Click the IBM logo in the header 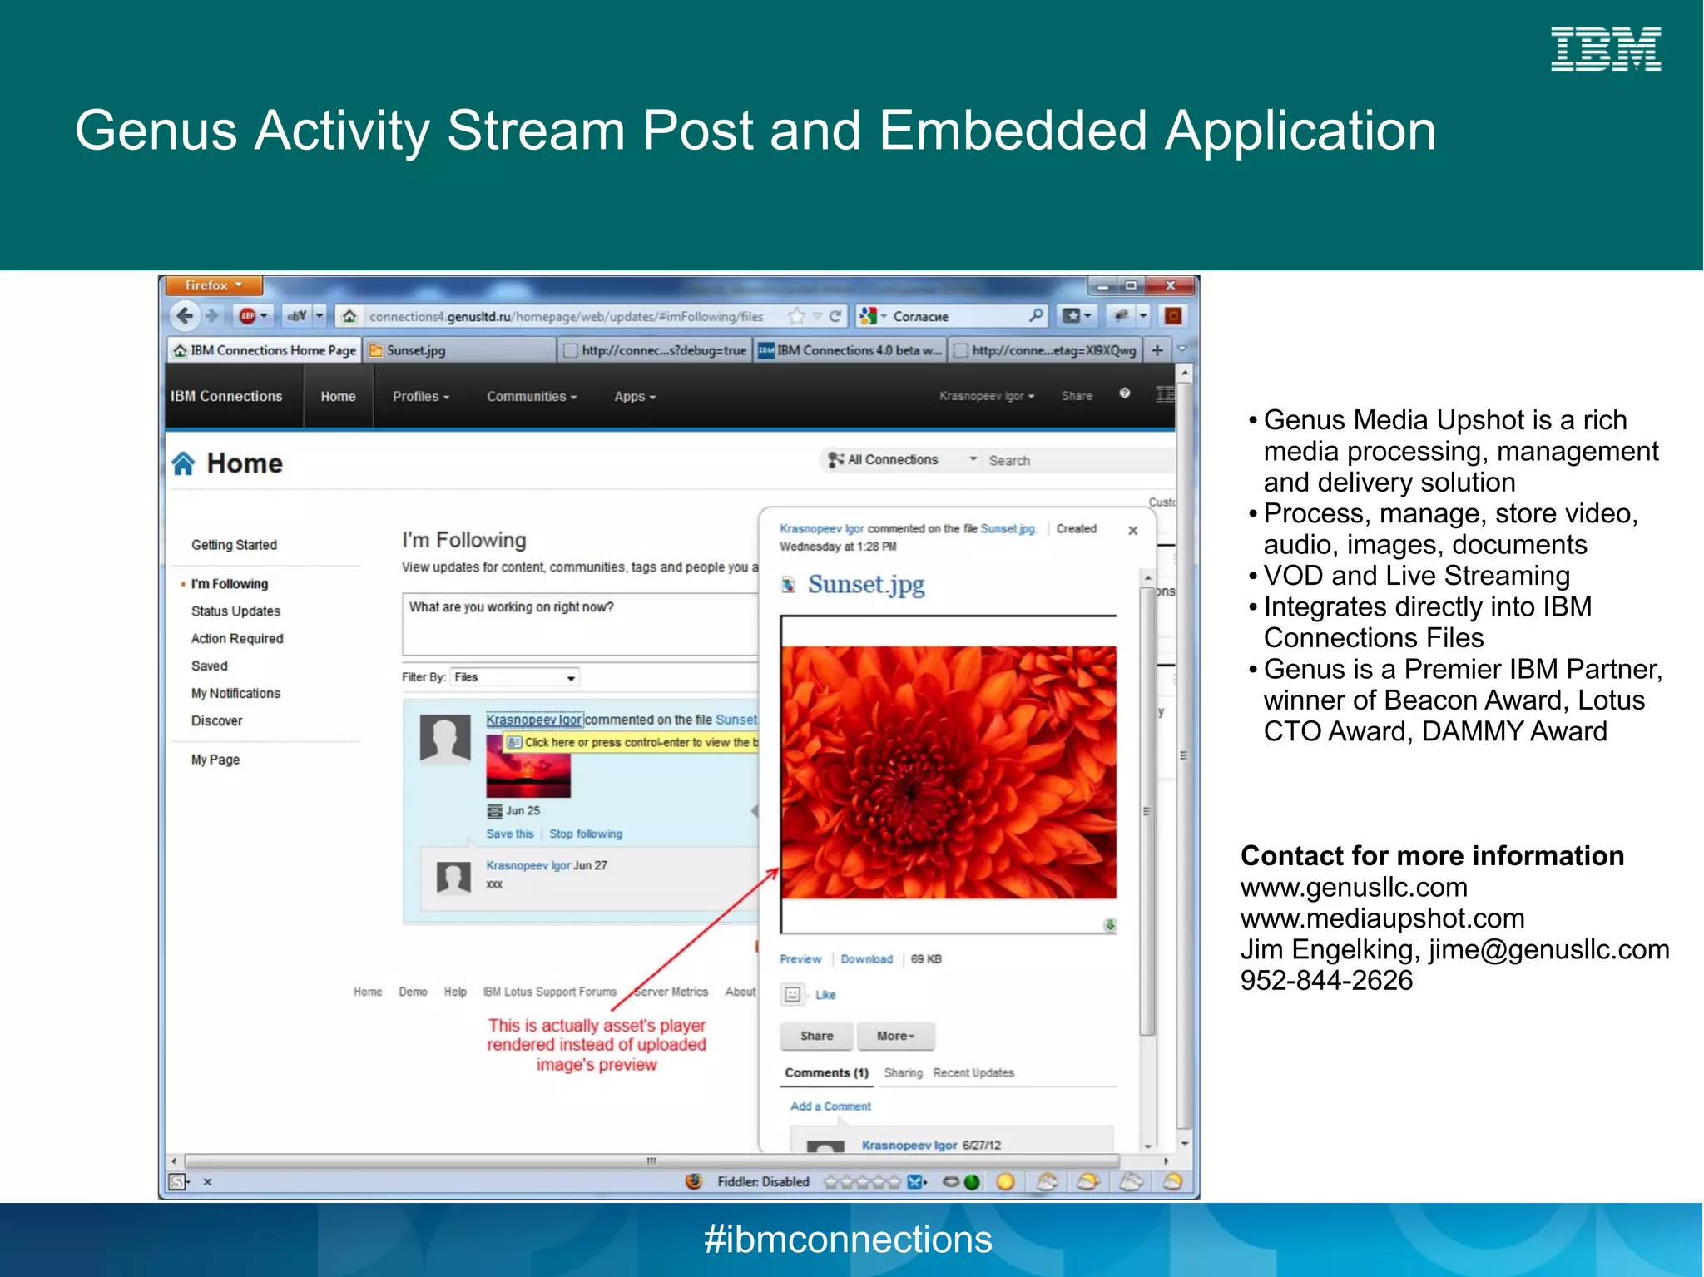click(x=1605, y=49)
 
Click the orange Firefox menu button click(x=214, y=285)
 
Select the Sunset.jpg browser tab click(x=460, y=350)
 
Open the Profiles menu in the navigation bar click(x=421, y=397)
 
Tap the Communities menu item click(x=532, y=397)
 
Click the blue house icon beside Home click(x=183, y=463)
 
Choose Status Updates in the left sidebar click(x=235, y=611)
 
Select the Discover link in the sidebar click(x=216, y=721)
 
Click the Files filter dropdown click(x=515, y=677)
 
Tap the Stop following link click(x=585, y=834)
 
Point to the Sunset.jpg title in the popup click(x=866, y=585)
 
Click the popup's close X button click(x=1132, y=531)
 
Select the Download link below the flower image click(x=866, y=959)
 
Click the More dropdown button click(x=895, y=1036)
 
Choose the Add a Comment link click(x=830, y=1106)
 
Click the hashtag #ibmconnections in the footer click(x=848, y=1240)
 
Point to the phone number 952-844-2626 click(x=1326, y=981)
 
